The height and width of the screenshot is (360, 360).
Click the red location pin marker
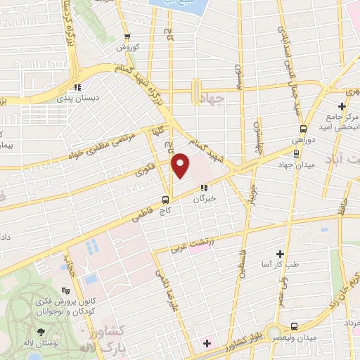(181, 166)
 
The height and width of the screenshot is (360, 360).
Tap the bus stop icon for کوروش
(127, 37)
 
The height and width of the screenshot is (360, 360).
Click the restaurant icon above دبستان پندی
(77, 87)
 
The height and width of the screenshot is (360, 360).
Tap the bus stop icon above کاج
(165, 198)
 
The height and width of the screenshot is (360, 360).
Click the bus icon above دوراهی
(303, 129)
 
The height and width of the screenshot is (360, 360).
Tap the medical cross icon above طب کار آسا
(280, 253)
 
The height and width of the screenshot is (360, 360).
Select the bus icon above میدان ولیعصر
(293, 326)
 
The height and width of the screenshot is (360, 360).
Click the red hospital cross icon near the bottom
(207, 343)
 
